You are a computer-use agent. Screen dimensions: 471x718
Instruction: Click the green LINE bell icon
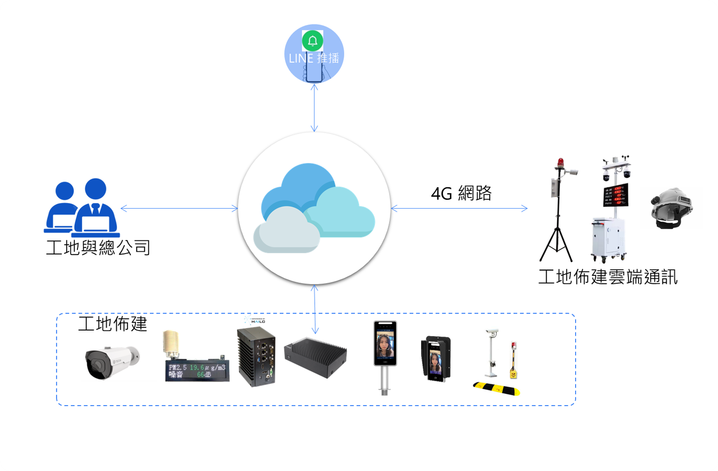point(312,41)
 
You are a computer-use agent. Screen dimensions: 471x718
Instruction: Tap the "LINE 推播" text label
point(314,58)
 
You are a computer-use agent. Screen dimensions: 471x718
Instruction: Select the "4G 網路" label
point(461,193)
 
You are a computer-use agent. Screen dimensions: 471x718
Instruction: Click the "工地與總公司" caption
point(98,247)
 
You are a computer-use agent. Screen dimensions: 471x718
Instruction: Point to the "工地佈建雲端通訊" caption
point(607,277)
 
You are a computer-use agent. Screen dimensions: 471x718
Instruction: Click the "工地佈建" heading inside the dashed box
point(113,323)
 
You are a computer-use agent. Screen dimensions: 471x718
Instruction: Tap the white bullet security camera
point(111,362)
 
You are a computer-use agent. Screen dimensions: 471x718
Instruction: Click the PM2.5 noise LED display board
point(197,371)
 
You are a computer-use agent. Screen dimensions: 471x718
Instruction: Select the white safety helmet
point(672,208)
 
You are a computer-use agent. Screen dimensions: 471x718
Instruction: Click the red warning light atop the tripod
point(560,163)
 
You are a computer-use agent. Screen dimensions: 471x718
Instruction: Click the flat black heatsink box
point(316,357)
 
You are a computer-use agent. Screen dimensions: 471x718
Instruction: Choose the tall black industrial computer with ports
point(256,357)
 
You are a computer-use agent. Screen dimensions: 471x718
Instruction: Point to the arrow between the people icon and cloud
point(179,208)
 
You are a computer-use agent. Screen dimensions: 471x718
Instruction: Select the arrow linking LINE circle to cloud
point(314,108)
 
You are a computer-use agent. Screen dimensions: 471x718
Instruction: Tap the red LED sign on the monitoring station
point(616,195)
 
